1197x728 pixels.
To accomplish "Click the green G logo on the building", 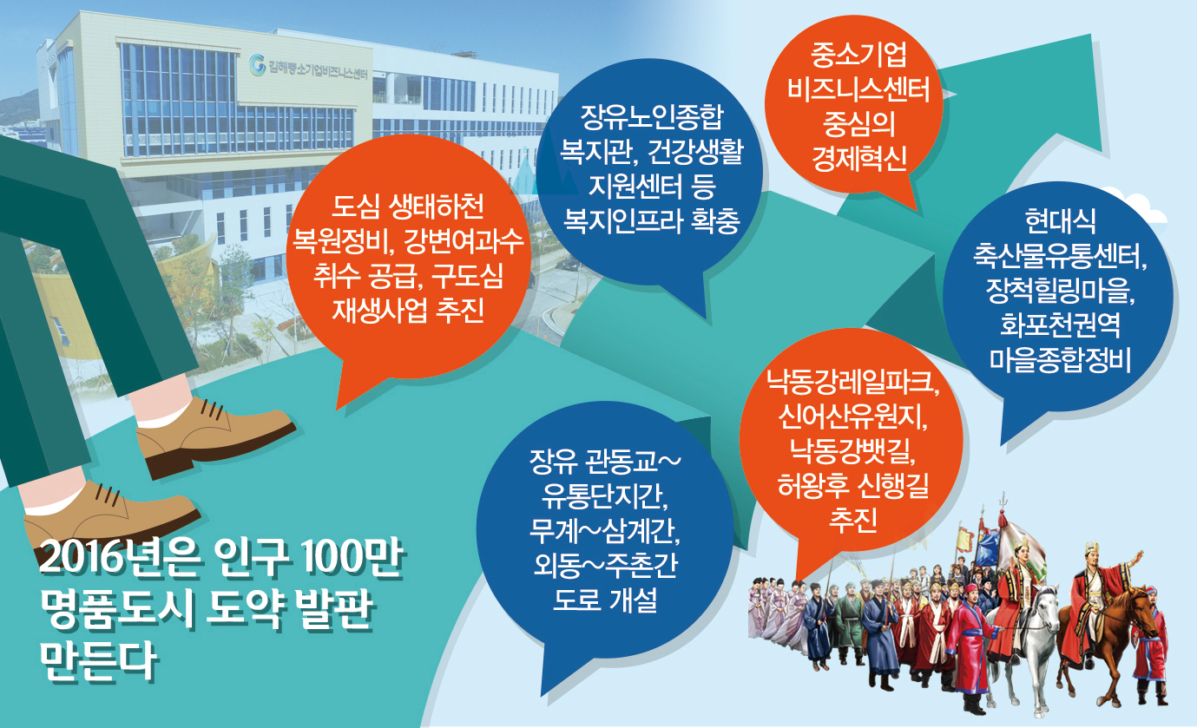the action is pos(257,64).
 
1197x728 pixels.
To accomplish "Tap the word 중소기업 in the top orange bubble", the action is pos(858,55).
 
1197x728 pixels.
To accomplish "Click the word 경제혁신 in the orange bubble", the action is pos(858,158).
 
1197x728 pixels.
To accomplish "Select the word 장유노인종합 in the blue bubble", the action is pos(651,117).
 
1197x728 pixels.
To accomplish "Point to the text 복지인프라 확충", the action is pos(651,220).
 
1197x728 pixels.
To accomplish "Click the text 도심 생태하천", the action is pos(408,207).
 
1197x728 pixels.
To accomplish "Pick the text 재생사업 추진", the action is pos(408,310).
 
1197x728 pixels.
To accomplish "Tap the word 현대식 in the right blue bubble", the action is pos(1060,221).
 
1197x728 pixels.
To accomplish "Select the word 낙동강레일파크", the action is pos(852,381).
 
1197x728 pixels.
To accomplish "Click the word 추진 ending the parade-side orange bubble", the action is pos(852,518).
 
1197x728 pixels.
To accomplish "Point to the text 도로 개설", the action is pos(605,600).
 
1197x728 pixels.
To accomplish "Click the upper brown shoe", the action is pos(215,436).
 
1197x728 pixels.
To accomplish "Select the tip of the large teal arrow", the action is pos(1090,36).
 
